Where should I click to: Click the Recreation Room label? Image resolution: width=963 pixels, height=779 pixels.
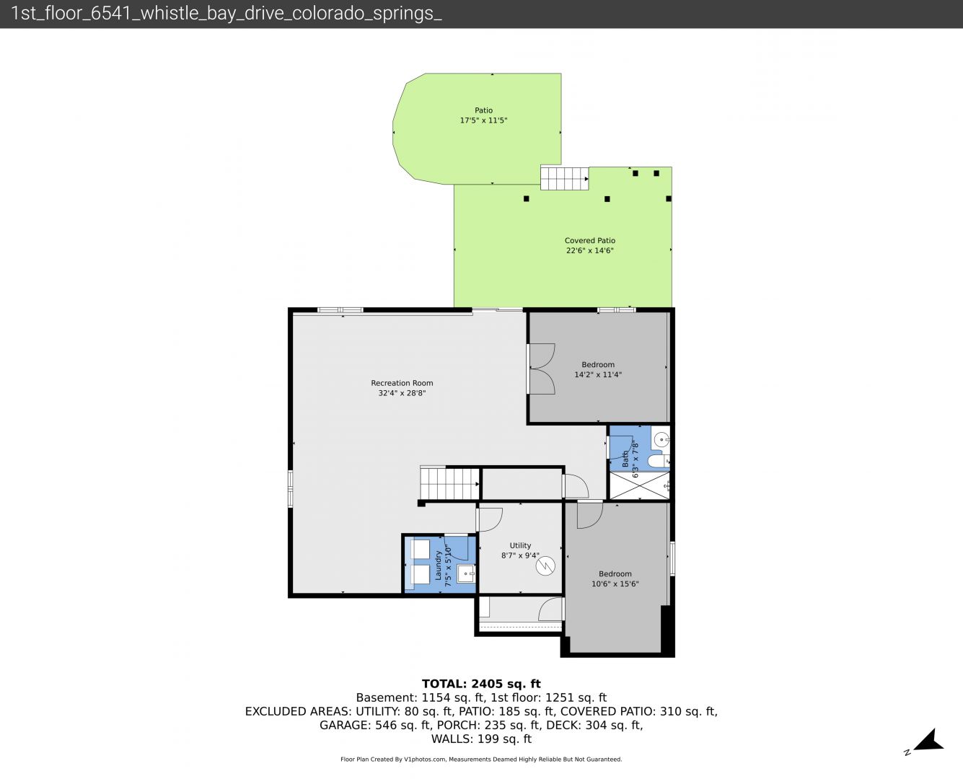[402, 383]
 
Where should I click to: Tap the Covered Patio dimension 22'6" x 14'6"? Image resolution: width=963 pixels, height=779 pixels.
[589, 250]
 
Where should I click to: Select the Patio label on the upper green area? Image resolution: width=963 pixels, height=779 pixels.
[483, 110]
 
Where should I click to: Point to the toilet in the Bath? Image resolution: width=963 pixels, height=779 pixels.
[659, 461]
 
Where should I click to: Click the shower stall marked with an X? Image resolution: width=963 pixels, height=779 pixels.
[639, 486]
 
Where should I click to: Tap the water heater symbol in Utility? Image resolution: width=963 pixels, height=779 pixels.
[545, 565]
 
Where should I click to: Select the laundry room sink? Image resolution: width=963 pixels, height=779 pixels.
[466, 573]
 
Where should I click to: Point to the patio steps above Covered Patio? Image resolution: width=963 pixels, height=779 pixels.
[564, 178]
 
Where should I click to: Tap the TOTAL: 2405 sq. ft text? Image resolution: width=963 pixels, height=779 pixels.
[481, 684]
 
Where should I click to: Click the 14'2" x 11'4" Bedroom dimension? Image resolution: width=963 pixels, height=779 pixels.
[598, 374]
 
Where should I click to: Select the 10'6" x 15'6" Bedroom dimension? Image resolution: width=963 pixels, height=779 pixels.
[615, 584]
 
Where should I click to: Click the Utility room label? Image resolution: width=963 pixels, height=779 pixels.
[520, 546]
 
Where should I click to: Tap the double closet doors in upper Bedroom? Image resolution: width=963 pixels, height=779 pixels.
[541, 369]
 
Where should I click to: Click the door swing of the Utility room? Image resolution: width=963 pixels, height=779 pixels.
[490, 519]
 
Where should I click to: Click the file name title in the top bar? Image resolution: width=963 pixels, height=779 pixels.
[226, 14]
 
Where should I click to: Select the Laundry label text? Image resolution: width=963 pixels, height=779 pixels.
[438, 565]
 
